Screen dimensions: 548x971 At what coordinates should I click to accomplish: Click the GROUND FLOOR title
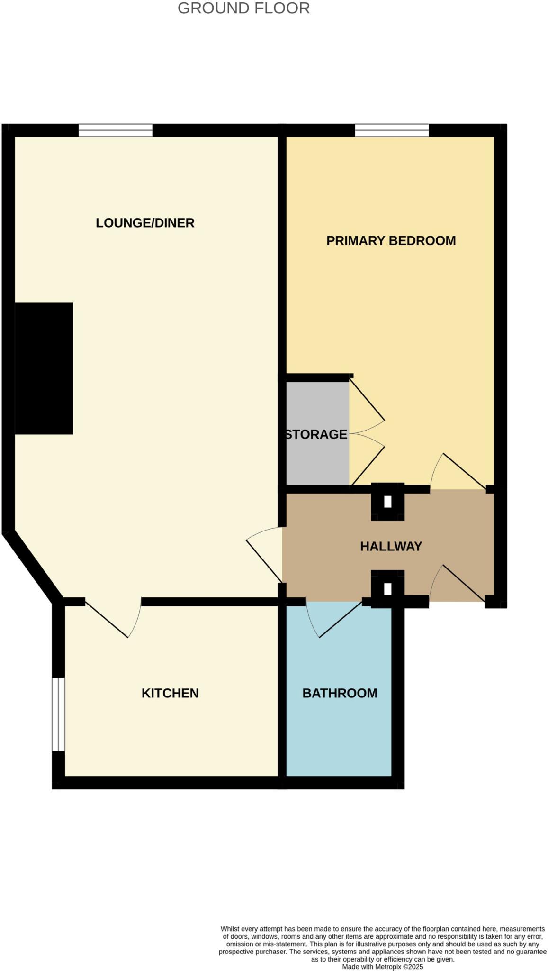click(243, 8)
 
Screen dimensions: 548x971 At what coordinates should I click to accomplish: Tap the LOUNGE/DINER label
click(145, 223)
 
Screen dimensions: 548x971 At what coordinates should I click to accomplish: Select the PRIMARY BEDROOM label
click(391, 241)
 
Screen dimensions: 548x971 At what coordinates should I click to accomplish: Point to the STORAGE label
click(316, 434)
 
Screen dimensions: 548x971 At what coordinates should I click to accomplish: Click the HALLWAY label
click(391, 546)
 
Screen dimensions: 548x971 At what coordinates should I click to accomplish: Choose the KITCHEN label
click(170, 693)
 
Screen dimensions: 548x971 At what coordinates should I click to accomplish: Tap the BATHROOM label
click(340, 693)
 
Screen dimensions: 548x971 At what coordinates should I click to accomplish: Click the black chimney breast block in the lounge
click(44, 368)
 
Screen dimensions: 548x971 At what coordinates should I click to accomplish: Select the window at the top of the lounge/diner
click(116, 130)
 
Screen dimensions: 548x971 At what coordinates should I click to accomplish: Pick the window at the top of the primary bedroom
click(392, 130)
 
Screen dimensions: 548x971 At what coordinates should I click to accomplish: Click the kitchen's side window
click(58, 714)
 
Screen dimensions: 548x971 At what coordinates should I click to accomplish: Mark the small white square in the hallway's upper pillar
click(388, 501)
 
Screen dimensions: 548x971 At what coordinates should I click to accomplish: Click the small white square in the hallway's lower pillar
click(388, 589)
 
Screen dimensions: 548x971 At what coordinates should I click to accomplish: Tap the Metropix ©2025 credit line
click(383, 967)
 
